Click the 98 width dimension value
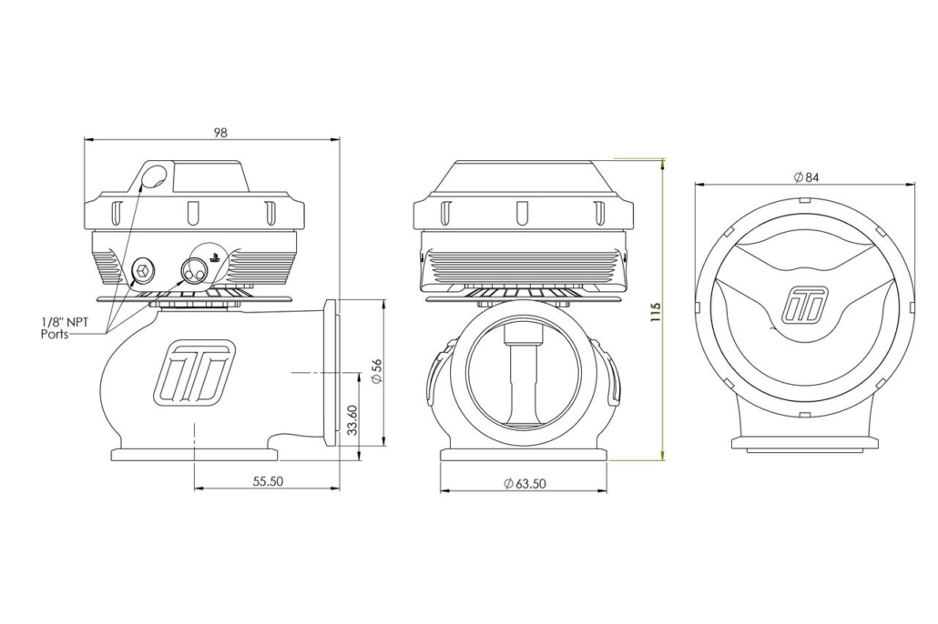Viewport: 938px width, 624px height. tap(220, 133)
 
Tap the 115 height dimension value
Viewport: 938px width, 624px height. tap(656, 312)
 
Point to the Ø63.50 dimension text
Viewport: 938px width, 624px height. tap(525, 484)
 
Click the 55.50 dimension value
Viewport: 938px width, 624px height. tap(268, 481)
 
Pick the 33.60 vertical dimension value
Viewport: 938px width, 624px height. tap(352, 420)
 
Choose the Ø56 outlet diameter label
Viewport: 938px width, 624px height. tap(376, 371)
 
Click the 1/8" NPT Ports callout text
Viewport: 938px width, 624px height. tap(64, 328)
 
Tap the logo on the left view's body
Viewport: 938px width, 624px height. tap(193, 371)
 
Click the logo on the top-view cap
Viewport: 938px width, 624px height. tap(805, 304)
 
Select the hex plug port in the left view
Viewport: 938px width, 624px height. tap(142, 271)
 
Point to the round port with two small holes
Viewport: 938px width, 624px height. tap(194, 271)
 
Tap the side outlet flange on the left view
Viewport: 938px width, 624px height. tap(330, 372)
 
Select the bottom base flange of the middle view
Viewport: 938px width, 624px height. tap(524, 455)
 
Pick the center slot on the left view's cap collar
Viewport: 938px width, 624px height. tap(193, 214)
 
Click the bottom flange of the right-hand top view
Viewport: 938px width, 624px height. tap(805, 444)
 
